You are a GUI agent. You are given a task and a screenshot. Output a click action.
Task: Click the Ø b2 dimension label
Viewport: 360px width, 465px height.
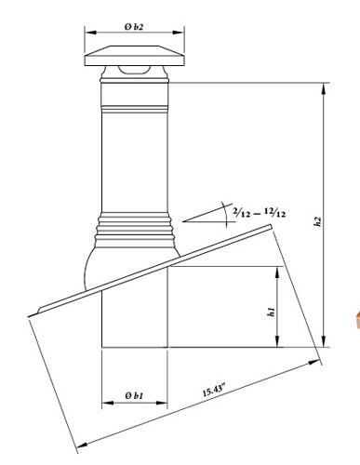click(x=134, y=27)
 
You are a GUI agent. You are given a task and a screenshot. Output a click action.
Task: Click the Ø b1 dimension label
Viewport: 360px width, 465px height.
click(x=134, y=396)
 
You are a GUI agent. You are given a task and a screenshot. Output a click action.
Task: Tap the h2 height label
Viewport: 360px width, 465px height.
click(x=316, y=221)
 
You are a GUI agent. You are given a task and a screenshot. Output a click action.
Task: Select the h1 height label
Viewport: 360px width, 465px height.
click(x=271, y=312)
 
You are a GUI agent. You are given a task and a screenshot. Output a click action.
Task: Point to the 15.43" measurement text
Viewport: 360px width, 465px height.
click(x=214, y=390)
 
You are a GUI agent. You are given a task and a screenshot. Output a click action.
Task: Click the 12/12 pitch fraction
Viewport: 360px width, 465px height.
click(x=275, y=213)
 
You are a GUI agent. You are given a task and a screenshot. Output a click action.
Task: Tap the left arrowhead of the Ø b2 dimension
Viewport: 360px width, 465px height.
click(x=90, y=33)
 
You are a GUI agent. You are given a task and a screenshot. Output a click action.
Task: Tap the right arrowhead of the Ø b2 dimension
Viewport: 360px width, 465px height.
click(x=179, y=33)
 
